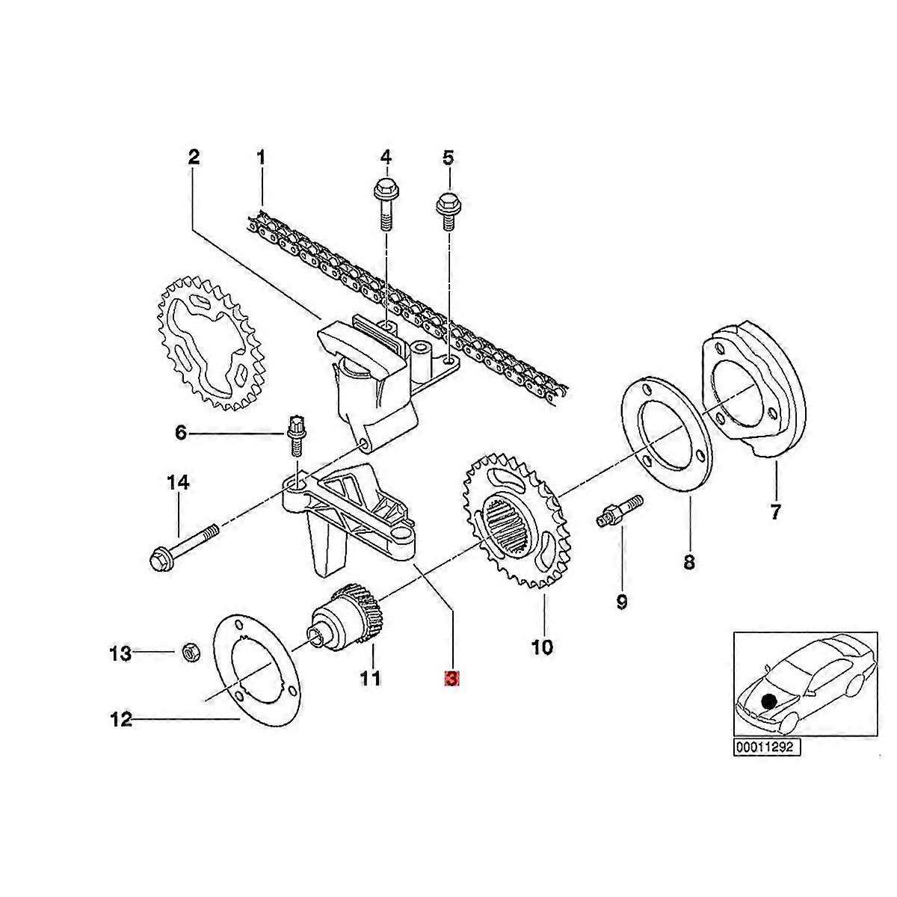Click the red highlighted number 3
tap(451, 678)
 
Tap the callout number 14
tap(178, 482)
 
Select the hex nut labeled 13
tap(191, 652)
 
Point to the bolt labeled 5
tap(448, 212)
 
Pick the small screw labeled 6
tap(295, 436)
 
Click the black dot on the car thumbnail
tap(768, 712)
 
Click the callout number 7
tap(774, 513)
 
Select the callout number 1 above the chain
tap(261, 158)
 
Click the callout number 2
tap(194, 157)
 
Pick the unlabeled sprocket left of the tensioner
tap(209, 344)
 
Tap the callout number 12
tap(121, 733)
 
